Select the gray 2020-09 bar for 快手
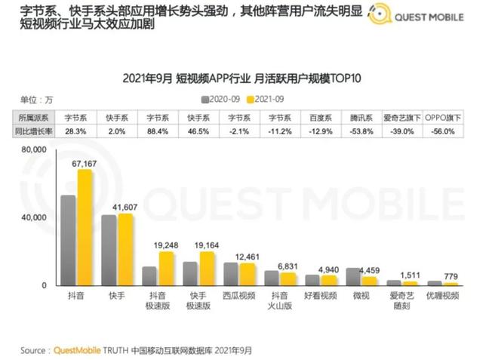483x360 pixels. coord(109,250)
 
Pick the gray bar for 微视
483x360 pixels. coord(352,276)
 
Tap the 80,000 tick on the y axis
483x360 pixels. coord(33,150)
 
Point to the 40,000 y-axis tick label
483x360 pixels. coord(33,217)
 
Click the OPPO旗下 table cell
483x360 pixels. coord(443,118)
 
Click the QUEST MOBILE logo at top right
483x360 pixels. coord(419,17)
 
